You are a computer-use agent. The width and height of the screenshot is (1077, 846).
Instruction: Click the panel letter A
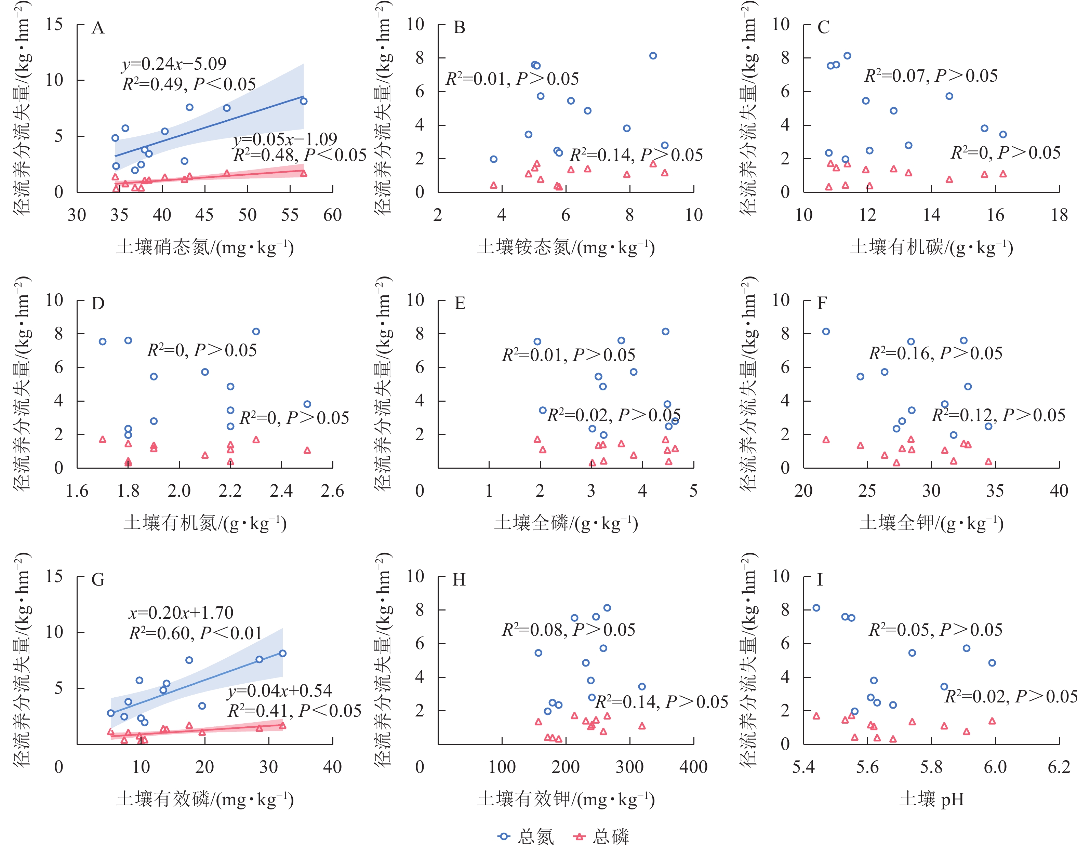[x=98, y=28]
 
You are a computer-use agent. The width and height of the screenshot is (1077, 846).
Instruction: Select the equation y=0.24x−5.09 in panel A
[x=174, y=64]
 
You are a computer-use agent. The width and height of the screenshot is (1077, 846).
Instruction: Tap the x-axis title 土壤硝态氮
[x=204, y=247]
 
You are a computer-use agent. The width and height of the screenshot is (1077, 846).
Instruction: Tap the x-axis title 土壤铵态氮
[x=566, y=247]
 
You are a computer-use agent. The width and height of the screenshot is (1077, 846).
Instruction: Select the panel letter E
[x=460, y=304]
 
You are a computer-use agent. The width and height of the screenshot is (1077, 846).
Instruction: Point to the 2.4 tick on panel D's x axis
[x=281, y=491]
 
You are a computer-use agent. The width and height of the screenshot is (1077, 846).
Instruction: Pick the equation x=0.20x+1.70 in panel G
[x=181, y=613]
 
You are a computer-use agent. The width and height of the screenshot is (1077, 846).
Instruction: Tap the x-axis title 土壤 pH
[x=931, y=800]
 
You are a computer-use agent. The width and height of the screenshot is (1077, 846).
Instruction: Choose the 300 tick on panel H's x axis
[x=630, y=767]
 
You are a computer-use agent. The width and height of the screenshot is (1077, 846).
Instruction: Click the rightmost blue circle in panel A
[x=304, y=102]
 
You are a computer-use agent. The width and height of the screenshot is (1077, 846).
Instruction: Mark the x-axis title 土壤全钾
[x=931, y=523]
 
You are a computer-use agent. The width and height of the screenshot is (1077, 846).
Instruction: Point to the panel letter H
[x=459, y=579]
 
